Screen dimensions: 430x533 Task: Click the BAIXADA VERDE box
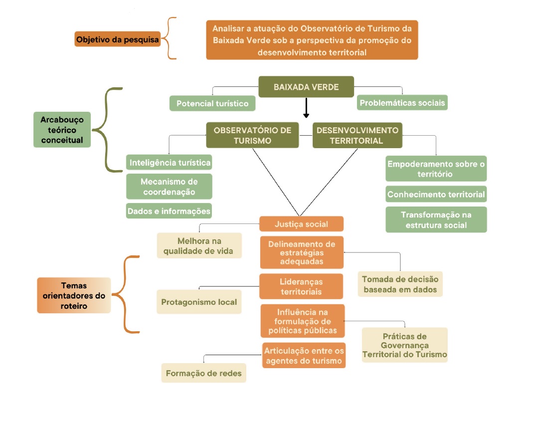pyautogui.click(x=306, y=87)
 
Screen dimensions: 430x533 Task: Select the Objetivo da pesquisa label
pyautogui.click(x=118, y=39)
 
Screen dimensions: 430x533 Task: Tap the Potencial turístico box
pyautogui.click(x=212, y=103)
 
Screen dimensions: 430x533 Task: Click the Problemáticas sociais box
pyautogui.click(x=402, y=103)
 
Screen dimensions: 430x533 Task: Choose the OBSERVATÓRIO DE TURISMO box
pyautogui.click(x=252, y=135)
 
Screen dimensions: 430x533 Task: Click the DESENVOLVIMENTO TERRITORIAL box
pyautogui.click(x=357, y=135)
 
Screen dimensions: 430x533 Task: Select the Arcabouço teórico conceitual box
pyautogui.click(x=62, y=129)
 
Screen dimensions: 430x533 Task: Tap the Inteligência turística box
pyautogui.click(x=169, y=163)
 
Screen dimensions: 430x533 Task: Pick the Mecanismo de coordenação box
pyautogui.click(x=169, y=187)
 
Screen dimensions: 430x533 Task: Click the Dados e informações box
pyautogui.click(x=169, y=211)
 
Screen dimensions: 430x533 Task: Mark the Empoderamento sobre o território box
pyautogui.click(x=436, y=169)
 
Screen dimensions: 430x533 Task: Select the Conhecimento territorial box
pyautogui.click(x=436, y=194)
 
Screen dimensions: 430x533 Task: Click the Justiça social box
pyautogui.click(x=302, y=224)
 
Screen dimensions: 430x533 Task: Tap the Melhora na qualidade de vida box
pyautogui.click(x=199, y=245)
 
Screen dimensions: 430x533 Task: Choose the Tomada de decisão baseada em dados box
pyautogui.click(x=400, y=284)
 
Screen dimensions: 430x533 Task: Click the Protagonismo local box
pyautogui.click(x=199, y=302)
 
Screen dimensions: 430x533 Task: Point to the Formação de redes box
pyautogui.click(x=203, y=373)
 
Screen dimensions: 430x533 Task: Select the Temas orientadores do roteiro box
pyautogui.click(x=74, y=295)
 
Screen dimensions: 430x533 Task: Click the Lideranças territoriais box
pyautogui.click(x=302, y=286)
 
